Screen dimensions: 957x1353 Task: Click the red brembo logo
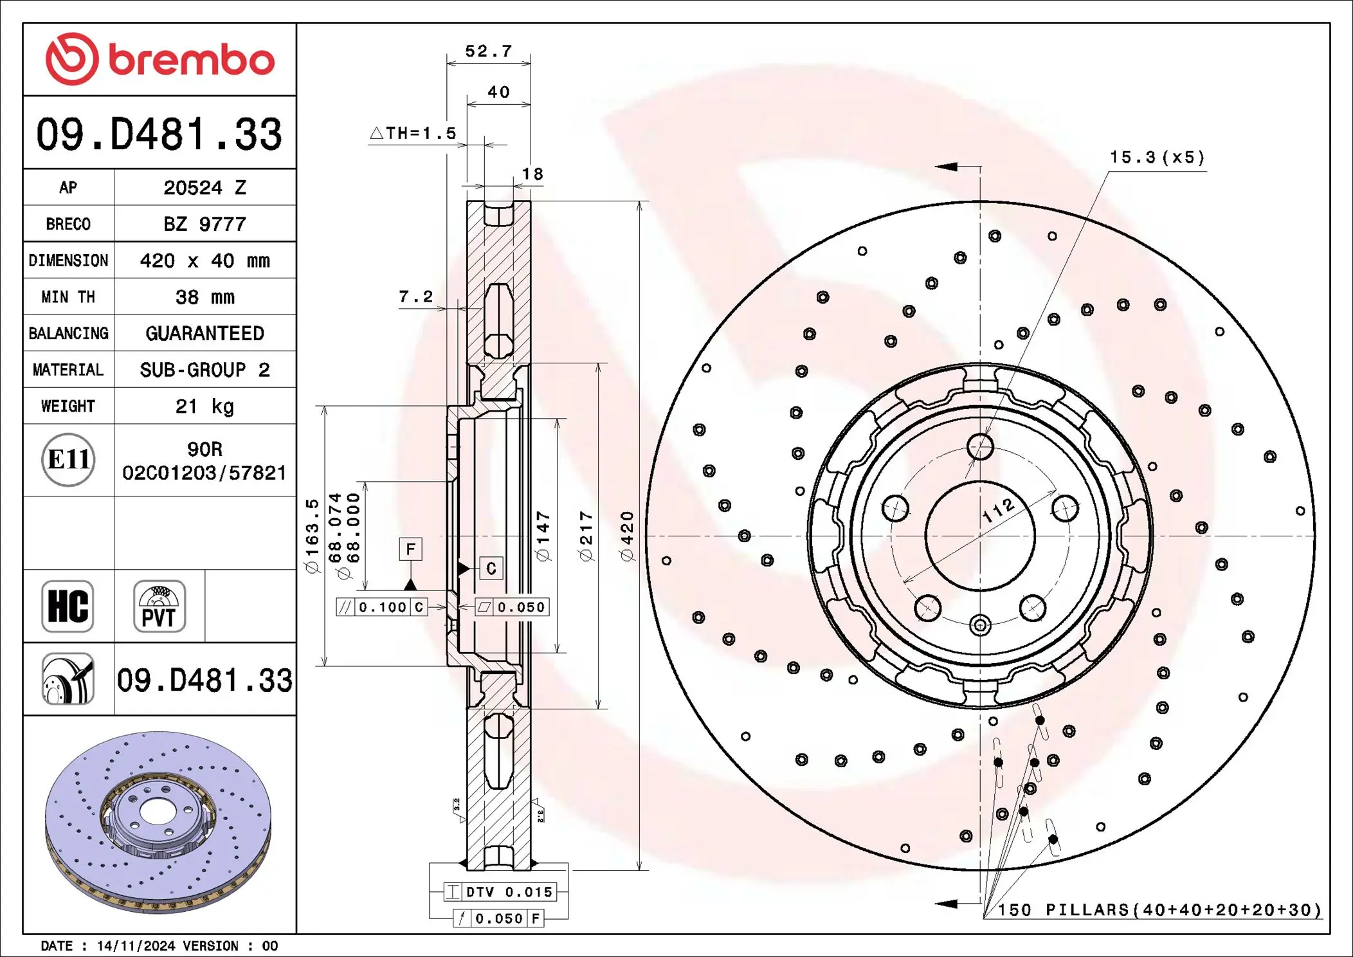pyautogui.click(x=159, y=59)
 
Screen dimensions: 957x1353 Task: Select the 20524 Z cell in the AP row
pyautogui.click(x=204, y=188)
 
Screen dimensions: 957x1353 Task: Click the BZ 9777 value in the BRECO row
pyautogui.click(x=204, y=224)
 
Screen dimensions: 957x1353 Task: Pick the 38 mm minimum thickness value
pyautogui.click(x=204, y=297)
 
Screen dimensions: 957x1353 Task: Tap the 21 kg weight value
pyautogui.click(x=204, y=406)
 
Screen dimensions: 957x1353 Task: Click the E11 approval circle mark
pyautogui.click(x=68, y=460)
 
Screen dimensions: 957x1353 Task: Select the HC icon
pyautogui.click(x=68, y=606)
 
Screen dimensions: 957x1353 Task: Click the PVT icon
pyautogui.click(x=159, y=606)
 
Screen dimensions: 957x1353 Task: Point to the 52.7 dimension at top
pyautogui.click(x=488, y=51)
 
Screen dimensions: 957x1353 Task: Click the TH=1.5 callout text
pyautogui.click(x=413, y=133)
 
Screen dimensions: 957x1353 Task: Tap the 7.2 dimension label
pyautogui.click(x=415, y=296)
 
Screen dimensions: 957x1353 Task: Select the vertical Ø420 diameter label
pyautogui.click(x=628, y=536)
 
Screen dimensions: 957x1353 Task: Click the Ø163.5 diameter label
pyautogui.click(x=312, y=536)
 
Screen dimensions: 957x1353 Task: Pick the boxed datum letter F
pyautogui.click(x=410, y=549)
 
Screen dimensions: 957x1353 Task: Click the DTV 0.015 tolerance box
pyautogui.click(x=500, y=892)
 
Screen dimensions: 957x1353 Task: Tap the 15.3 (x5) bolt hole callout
pyautogui.click(x=1157, y=158)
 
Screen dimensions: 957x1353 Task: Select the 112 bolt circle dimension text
pyautogui.click(x=999, y=510)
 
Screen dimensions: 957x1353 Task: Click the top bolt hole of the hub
pyautogui.click(x=980, y=446)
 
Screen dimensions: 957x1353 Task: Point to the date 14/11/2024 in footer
pyautogui.click(x=135, y=946)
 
